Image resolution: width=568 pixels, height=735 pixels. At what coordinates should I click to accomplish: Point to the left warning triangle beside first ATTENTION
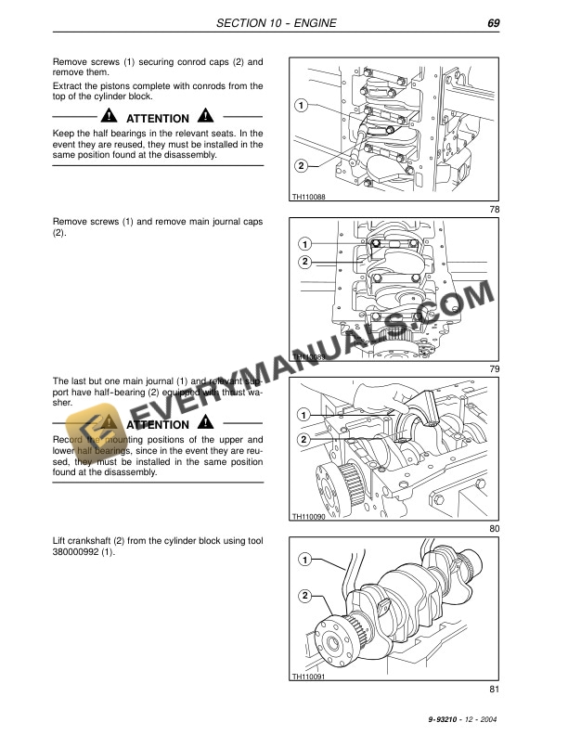[110, 119]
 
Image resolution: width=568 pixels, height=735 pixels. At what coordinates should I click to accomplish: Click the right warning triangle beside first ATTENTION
[203, 119]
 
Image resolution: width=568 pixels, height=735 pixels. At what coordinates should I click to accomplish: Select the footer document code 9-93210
[447, 720]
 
